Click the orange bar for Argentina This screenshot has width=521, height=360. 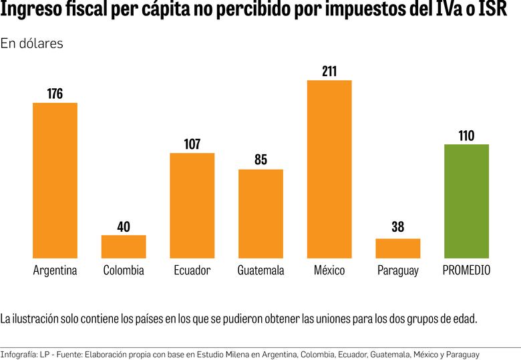(x=55, y=180)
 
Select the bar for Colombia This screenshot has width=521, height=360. (x=124, y=246)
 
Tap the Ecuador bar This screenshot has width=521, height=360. (x=192, y=206)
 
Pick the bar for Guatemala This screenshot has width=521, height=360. (x=260, y=214)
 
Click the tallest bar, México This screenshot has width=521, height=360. (x=329, y=169)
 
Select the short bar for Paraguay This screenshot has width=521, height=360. (x=398, y=248)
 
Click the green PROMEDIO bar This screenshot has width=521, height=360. (x=466, y=201)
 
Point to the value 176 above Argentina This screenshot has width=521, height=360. (x=55, y=94)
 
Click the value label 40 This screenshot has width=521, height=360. (x=124, y=227)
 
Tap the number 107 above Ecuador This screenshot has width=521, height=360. (x=192, y=144)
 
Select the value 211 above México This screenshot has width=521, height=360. (x=329, y=71)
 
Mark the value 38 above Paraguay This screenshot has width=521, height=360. (x=398, y=227)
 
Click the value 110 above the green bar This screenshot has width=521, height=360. (x=466, y=136)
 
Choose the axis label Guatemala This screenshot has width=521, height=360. (x=260, y=271)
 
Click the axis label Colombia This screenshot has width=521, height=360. (x=124, y=271)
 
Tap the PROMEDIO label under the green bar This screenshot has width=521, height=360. (x=466, y=271)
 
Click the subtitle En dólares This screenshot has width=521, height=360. (x=32, y=43)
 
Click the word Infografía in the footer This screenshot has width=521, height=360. (x=18, y=353)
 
